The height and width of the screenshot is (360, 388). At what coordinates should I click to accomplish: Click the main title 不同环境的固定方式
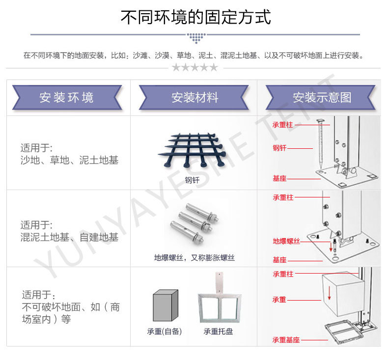pos(196,17)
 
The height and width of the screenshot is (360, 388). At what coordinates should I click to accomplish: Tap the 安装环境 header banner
pos(67,97)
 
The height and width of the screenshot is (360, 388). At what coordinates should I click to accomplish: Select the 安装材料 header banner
pos(194,97)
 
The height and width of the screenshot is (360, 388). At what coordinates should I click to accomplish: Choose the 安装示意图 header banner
pos(322,97)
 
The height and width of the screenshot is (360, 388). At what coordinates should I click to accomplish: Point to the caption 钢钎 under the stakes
pos(192,180)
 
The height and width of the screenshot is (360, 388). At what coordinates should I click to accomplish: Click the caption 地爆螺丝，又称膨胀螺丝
pos(194,257)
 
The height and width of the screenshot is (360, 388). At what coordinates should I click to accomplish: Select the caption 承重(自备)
pos(165,332)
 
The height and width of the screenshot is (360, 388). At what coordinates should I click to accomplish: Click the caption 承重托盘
pos(219,332)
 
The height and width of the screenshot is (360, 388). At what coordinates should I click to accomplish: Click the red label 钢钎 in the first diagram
pos(279,147)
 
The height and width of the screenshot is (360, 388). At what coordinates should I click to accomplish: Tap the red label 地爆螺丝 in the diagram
pos(286,241)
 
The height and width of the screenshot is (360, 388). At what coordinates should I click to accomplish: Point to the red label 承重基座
pos(286,339)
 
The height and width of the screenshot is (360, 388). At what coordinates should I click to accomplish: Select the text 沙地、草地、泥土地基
pos(69,160)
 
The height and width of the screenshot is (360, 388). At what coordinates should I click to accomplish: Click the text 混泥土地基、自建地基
pos(69,238)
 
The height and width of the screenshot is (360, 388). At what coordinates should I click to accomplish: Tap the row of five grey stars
pos(194,67)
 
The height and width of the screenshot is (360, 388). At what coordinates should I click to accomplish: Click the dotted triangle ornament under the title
pos(195,38)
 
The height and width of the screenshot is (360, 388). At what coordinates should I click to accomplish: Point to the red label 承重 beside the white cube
pos(279,299)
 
